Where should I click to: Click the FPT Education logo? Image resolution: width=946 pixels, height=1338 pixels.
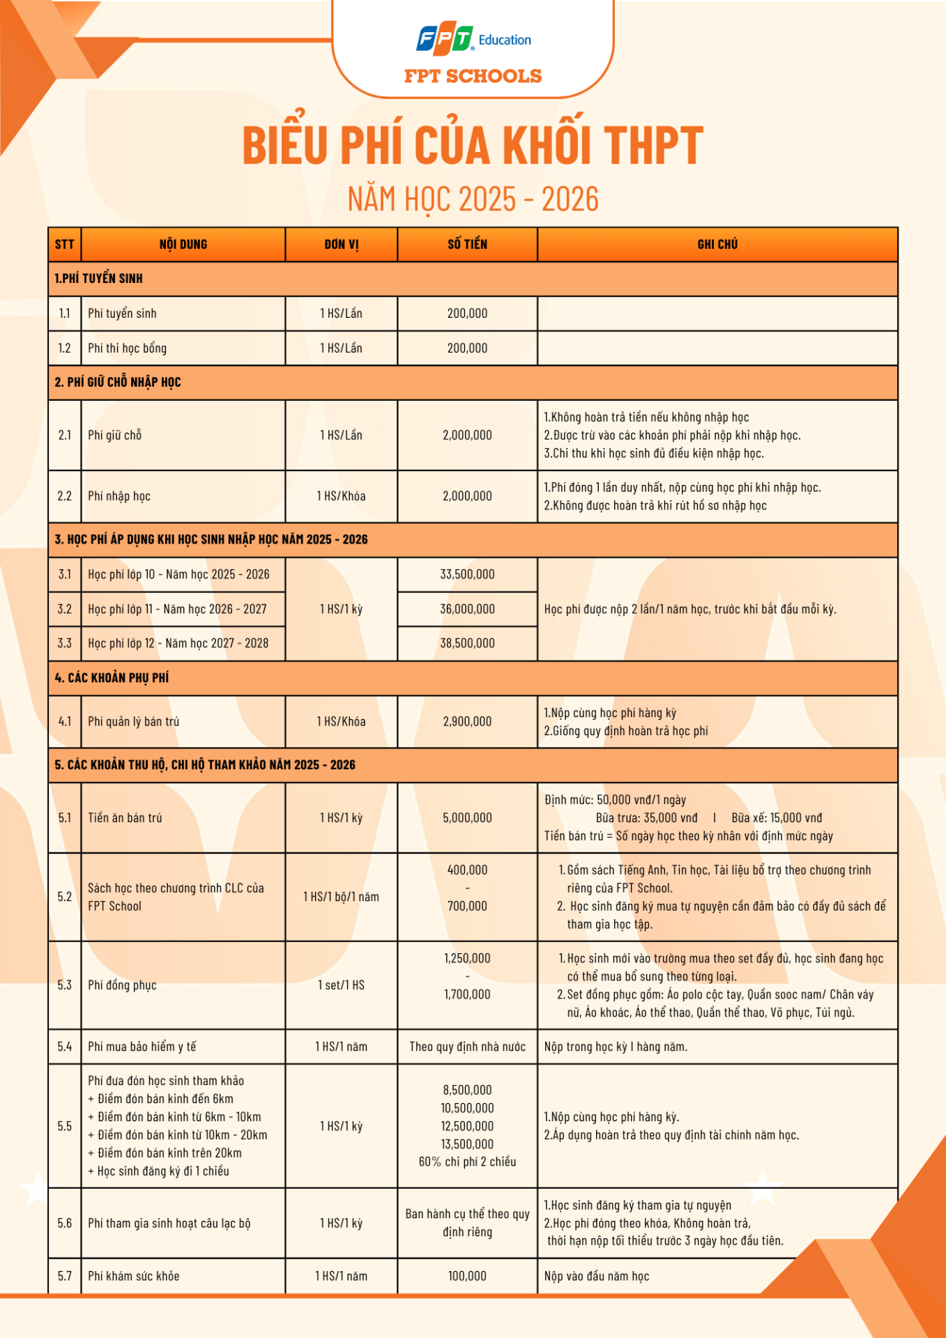click(473, 40)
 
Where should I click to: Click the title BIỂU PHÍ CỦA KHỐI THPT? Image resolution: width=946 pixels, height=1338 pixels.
click(473, 146)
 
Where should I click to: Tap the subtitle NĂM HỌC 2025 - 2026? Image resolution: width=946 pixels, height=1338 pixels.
click(473, 199)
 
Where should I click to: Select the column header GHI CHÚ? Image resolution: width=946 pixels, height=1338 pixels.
click(717, 245)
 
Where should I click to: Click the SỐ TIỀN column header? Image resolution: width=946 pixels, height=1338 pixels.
click(467, 245)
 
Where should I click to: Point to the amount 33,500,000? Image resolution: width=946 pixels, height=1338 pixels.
click(467, 574)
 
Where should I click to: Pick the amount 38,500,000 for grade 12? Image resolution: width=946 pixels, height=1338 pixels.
click(467, 643)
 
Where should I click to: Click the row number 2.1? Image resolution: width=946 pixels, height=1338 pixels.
click(65, 435)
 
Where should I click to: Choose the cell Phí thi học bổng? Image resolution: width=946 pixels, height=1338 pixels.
click(127, 348)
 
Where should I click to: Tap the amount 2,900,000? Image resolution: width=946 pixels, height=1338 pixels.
click(467, 721)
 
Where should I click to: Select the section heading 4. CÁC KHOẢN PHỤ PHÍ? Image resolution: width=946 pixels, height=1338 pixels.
click(112, 678)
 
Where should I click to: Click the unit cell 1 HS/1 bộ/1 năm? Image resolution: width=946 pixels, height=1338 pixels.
click(341, 897)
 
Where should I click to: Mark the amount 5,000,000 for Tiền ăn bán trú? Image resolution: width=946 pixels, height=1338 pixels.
click(467, 818)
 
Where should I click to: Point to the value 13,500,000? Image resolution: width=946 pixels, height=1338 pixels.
click(467, 1144)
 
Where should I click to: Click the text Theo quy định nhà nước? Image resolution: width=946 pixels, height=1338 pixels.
click(467, 1047)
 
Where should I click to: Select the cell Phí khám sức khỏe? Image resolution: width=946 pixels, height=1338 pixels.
click(134, 1276)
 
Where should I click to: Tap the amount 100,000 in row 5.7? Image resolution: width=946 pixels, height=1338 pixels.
click(467, 1276)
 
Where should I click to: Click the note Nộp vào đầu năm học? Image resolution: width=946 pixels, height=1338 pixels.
click(597, 1276)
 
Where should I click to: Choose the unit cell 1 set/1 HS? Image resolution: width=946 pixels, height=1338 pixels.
click(341, 985)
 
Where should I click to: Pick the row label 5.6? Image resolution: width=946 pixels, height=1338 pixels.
click(65, 1223)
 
